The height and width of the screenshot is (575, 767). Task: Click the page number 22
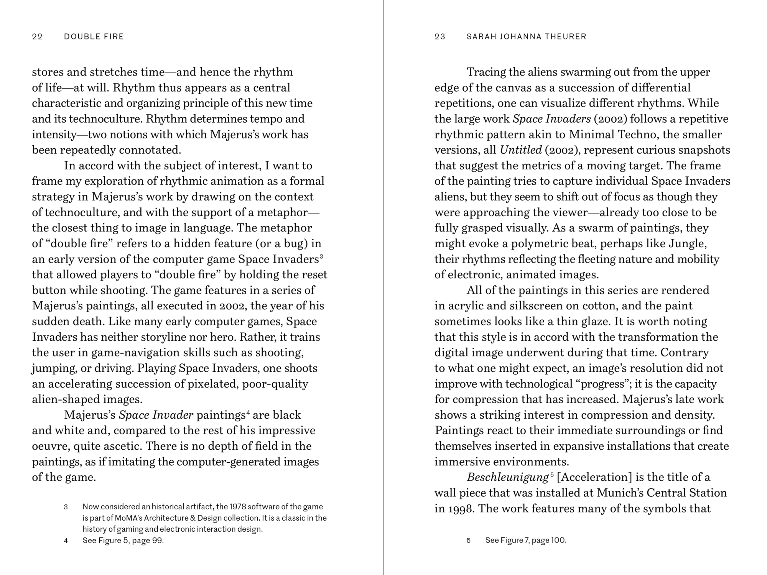point(37,37)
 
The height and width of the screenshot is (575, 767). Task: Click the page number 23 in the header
point(440,37)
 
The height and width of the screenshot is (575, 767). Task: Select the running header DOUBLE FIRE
point(94,37)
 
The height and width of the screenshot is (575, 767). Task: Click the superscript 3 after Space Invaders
point(321,256)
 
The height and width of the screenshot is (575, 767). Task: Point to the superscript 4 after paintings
point(248,412)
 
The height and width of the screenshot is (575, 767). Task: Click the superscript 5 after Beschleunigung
point(552,475)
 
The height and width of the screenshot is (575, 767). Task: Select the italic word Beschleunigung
point(507,478)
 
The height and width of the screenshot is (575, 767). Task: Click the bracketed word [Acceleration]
point(594,477)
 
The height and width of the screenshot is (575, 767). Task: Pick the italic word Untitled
point(520,150)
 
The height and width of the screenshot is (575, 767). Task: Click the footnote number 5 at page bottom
point(469,540)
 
